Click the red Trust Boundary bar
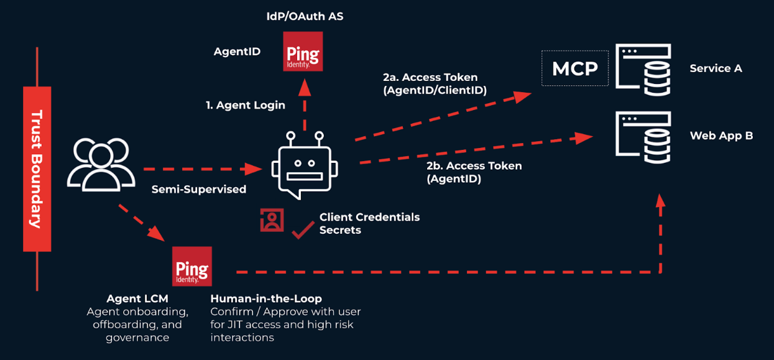coord(37,169)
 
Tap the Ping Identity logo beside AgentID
coord(303,52)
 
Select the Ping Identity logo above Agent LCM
coord(192,266)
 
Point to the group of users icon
coord(101,164)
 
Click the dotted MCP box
coord(575,68)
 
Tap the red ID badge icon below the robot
coord(272,220)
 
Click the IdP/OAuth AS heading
coord(301,17)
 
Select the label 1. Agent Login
coord(246,105)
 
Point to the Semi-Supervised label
coord(199,189)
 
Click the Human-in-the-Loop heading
coord(266,299)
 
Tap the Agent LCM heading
coord(137,299)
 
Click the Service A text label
coord(716,68)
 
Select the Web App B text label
coord(721,136)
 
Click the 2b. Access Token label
coord(474,166)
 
